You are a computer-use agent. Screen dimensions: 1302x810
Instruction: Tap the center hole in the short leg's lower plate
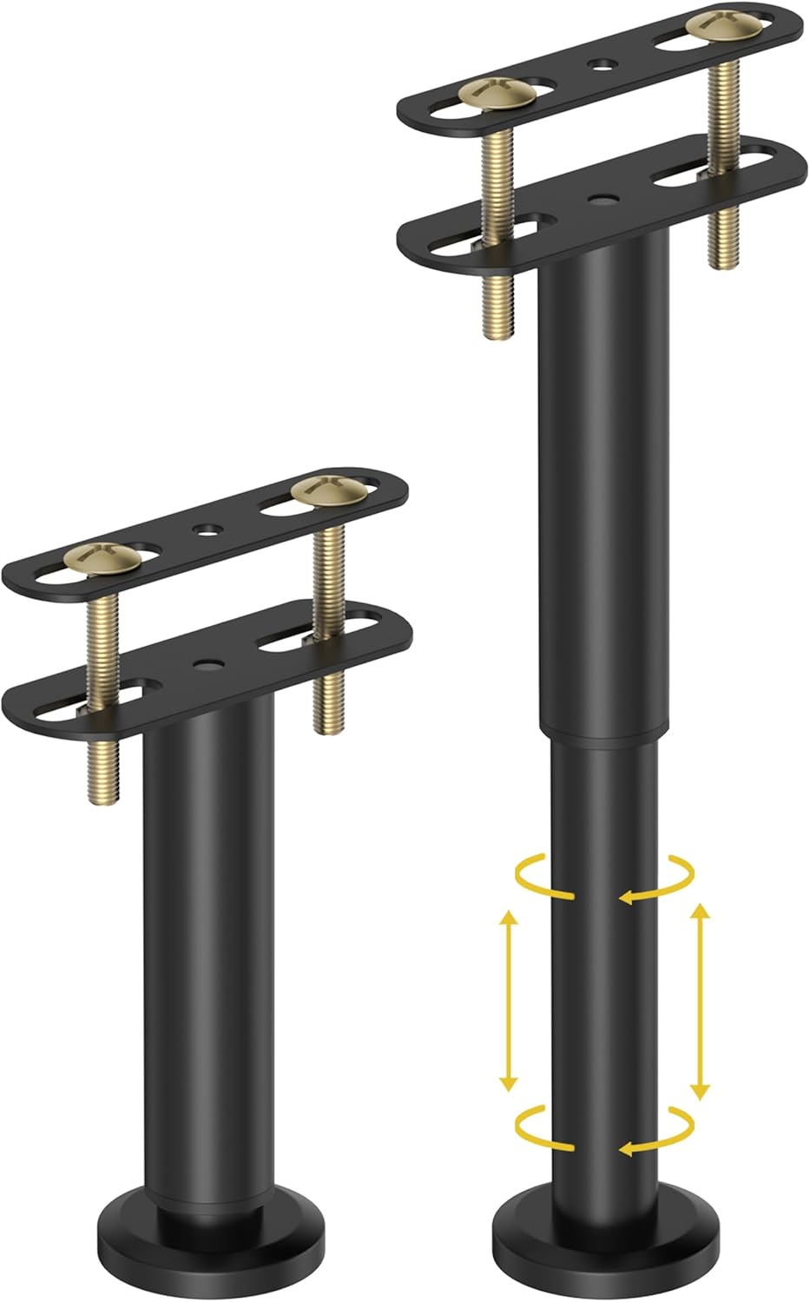[206, 665]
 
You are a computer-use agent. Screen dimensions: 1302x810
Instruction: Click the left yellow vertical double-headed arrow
[509, 998]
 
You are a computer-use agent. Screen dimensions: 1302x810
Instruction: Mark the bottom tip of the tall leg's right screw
[719, 265]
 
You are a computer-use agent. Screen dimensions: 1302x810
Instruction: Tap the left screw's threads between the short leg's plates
[102, 634]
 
